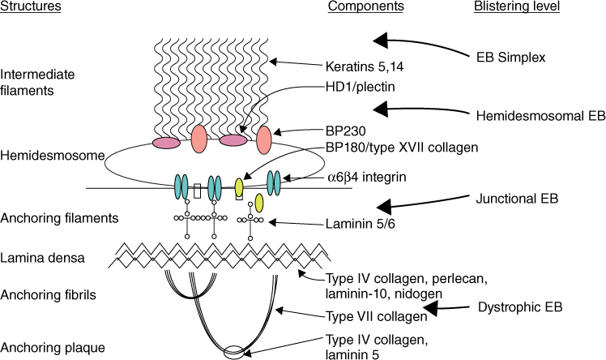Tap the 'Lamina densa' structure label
(x=36, y=259)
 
